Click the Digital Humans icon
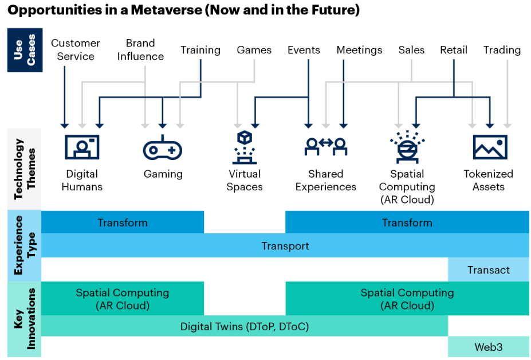[82, 147]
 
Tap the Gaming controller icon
[162, 148]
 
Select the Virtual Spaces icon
[245, 147]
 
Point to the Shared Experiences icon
[325, 147]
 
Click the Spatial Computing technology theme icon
[407, 146]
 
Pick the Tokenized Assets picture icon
[490, 147]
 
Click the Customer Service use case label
[76, 50]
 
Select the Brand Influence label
[140, 50]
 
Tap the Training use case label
[200, 50]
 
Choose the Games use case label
[254, 50]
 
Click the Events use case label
[304, 50]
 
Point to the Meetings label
[359, 50]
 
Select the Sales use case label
[411, 50]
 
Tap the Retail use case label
[454, 50]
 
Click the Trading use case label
[502, 50]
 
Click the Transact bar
[489, 270]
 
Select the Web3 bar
[489, 347]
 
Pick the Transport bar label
[285, 246]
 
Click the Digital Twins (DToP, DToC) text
[245, 326]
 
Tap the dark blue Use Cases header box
[25, 50]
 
